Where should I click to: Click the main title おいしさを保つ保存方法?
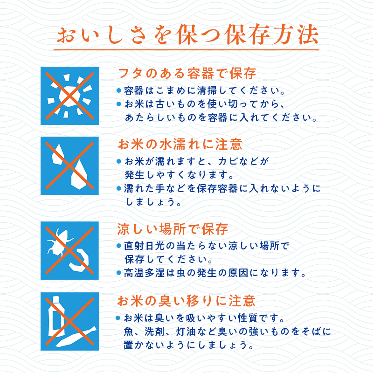point(186,35)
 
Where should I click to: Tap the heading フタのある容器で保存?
point(186,74)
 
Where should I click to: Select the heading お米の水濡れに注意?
point(180,144)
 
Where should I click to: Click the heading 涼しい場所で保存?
point(173,229)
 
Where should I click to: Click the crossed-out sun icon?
point(69,96)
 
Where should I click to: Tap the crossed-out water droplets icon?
point(69,166)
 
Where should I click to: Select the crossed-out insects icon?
point(69,250)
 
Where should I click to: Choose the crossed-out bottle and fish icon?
point(69,321)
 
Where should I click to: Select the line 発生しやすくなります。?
point(179,175)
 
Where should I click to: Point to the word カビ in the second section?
point(230,161)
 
